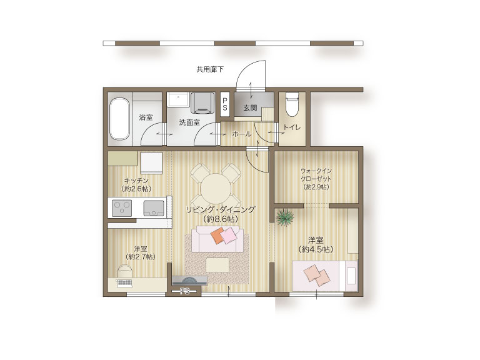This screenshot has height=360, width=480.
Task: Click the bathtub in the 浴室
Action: (x=119, y=119)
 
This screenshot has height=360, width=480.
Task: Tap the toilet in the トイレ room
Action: (x=292, y=104)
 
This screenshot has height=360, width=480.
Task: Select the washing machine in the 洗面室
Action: (x=202, y=102)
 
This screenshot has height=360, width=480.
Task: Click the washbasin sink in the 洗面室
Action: (x=178, y=99)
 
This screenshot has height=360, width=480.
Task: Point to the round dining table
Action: (x=216, y=188)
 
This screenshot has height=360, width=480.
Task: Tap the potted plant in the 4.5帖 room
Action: (x=285, y=217)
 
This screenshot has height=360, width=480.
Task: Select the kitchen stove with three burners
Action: (x=122, y=208)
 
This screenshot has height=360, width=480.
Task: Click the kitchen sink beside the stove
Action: (x=154, y=208)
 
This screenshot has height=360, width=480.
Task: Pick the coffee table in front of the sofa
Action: (x=217, y=265)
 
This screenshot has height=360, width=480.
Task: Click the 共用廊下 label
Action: (x=210, y=69)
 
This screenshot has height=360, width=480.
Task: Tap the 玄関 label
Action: (x=250, y=107)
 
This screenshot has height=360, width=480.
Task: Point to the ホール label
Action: (x=242, y=134)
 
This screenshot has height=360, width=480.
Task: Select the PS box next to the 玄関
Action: (x=225, y=104)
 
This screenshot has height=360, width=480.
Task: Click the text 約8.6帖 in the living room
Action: (x=221, y=219)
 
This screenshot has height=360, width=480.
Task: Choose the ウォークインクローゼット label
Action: (x=316, y=175)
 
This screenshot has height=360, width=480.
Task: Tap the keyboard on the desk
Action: (x=124, y=282)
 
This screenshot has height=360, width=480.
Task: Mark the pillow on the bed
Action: (x=351, y=276)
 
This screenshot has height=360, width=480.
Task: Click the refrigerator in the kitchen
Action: (x=151, y=163)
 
